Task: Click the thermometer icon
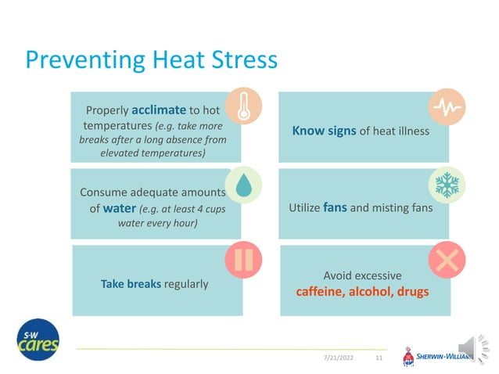[x=243, y=106]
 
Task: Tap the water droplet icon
[x=243, y=185]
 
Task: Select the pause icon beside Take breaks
[x=243, y=260]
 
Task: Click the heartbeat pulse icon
[x=447, y=106]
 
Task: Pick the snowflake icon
[x=447, y=185]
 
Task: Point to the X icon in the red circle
[x=447, y=260]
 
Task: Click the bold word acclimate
[x=159, y=110]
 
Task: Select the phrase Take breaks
[x=130, y=283]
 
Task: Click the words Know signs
[x=324, y=131]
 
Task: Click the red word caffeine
[x=320, y=292]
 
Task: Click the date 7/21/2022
[x=338, y=358]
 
